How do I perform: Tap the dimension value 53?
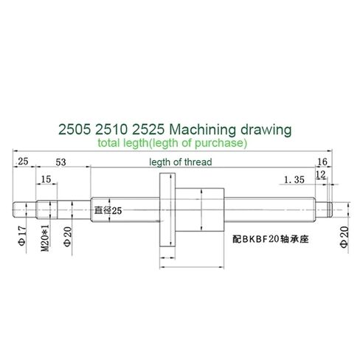60,162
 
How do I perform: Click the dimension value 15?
46,179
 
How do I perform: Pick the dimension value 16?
322,162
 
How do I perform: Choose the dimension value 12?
321,174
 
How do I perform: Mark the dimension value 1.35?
294,179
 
